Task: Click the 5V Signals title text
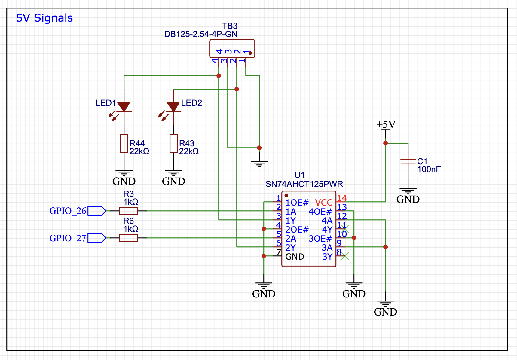click(44, 18)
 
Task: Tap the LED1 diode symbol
click(124, 107)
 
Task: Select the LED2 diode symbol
click(173, 107)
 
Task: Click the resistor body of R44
click(124, 143)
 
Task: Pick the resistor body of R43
click(173, 143)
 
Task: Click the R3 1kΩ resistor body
click(128, 211)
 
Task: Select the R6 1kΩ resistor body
click(128, 238)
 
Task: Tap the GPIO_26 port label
click(68, 211)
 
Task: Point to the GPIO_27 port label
click(68, 238)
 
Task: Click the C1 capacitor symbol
click(408, 161)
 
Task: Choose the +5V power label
click(386, 124)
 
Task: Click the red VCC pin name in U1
click(324, 203)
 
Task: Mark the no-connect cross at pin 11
click(345, 229)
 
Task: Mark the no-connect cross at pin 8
click(345, 256)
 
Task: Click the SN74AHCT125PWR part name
click(304, 184)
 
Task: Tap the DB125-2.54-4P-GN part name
click(201, 34)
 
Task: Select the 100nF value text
click(429, 169)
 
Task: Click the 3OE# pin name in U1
click(320, 239)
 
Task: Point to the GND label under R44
click(124, 181)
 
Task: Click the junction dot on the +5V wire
click(385, 143)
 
